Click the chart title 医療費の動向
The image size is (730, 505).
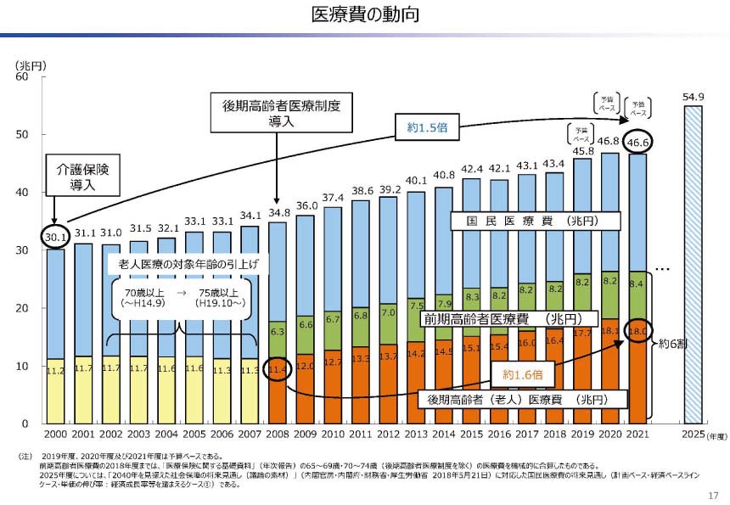[366, 14]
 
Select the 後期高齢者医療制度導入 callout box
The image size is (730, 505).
[281, 114]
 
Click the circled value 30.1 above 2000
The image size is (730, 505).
[55, 238]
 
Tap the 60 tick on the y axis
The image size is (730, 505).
[23, 77]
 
